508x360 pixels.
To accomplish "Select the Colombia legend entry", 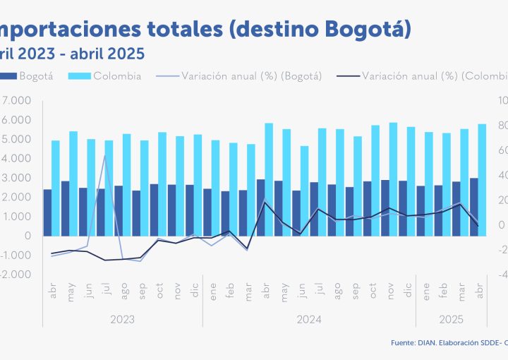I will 107,76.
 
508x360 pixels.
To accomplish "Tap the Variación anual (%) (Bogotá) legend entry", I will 239,76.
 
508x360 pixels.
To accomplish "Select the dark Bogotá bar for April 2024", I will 260,208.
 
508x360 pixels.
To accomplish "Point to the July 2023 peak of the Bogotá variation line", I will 106,155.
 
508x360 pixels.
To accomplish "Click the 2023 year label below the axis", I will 122,320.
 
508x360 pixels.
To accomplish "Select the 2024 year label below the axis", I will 309,320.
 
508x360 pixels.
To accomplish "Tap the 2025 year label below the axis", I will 451,320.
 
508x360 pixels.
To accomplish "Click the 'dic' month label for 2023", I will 193,289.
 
